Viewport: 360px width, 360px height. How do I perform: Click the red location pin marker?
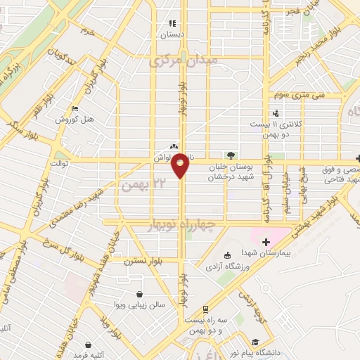(x=181, y=166)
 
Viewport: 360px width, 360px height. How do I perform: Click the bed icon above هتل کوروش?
(x=75, y=108)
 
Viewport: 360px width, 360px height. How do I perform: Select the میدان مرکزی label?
(x=184, y=61)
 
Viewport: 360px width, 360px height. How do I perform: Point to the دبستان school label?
(x=172, y=33)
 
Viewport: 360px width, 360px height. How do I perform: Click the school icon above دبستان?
(x=172, y=23)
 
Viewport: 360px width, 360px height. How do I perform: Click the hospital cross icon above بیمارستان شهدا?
(x=266, y=242)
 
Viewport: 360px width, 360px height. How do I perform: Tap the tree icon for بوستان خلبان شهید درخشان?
(x=230, y=155)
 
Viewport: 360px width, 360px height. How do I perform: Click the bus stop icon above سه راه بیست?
(x=205, y=309)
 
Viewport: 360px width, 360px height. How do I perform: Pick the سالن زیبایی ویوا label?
(x=140, y=304)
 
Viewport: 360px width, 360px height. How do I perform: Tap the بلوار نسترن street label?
(x=144, y=261)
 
